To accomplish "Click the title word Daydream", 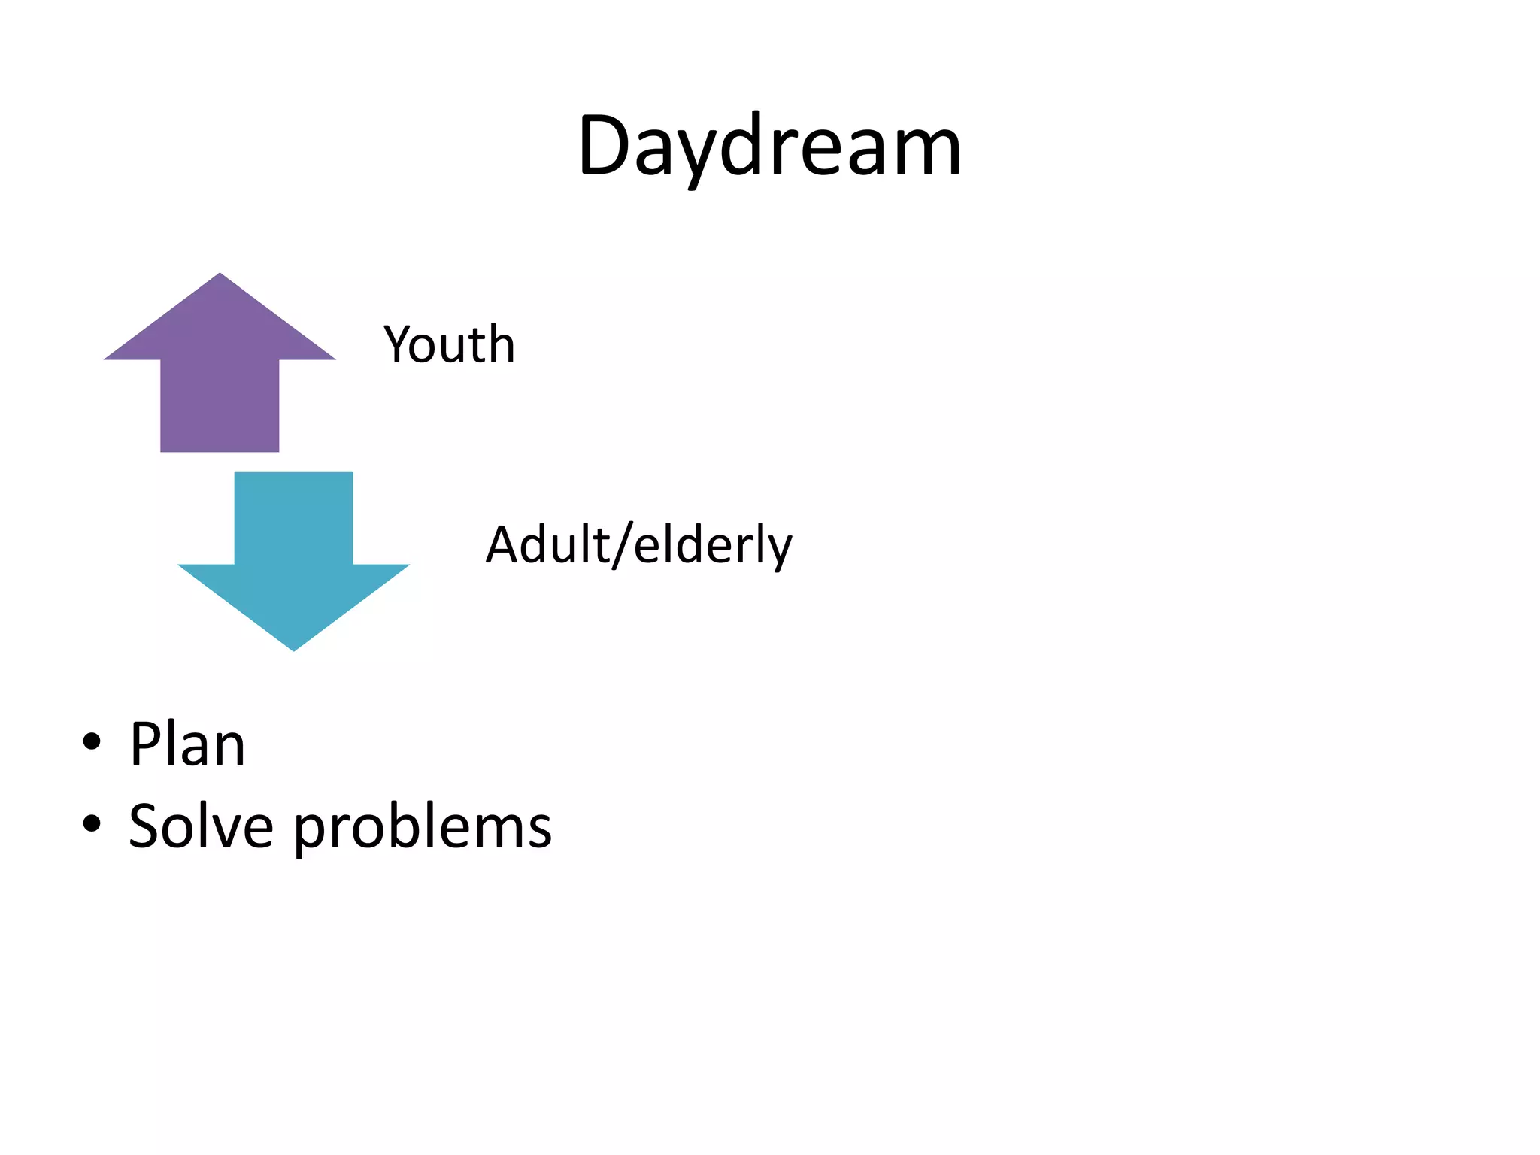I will click(769, 147).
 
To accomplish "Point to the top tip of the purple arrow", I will click(220, 275).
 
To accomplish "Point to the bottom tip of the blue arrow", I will click(293, 649).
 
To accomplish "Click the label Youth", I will click(449, 345).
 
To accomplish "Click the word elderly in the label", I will click(712, 546).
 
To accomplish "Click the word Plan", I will click(187, 744).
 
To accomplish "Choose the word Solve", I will click(201, 826).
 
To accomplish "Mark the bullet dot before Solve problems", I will click(92, 824).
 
